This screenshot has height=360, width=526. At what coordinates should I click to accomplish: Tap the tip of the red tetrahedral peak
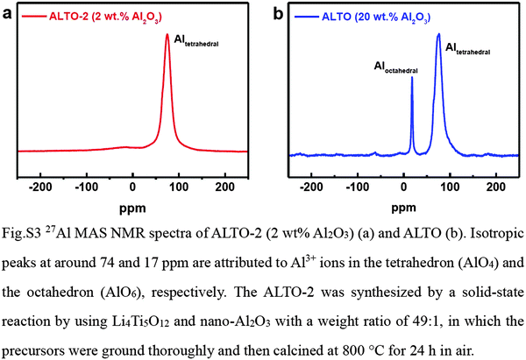coord(167,36)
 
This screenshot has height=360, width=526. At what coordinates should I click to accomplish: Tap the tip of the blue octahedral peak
coord(412,78)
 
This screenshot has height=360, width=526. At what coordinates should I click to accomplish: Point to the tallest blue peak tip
coord(438,34)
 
